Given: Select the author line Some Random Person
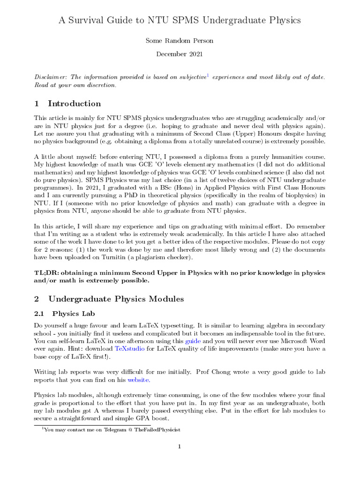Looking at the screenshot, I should tap(180, 41).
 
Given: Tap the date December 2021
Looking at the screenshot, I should tap(180, 54).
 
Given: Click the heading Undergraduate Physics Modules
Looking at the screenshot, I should tap(116, 299).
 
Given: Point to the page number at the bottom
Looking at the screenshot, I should tap(180, 447).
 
